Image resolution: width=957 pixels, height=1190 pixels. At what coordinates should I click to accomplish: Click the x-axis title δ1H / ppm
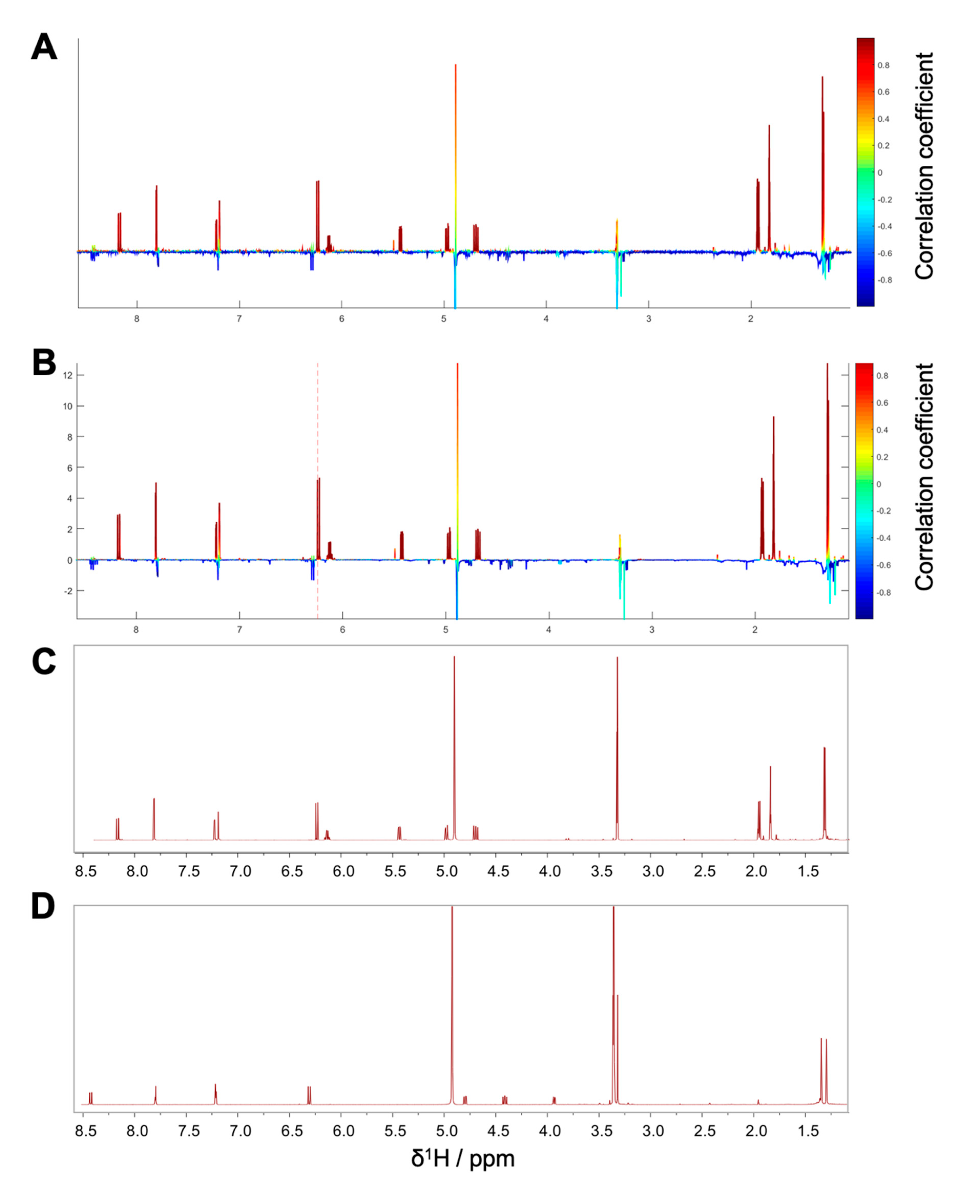(x=462, y=1158)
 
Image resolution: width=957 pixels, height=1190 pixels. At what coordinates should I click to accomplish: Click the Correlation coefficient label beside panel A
(x=924, y=166)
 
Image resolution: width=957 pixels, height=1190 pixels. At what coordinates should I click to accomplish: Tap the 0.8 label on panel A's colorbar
(x=884, y=65)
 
